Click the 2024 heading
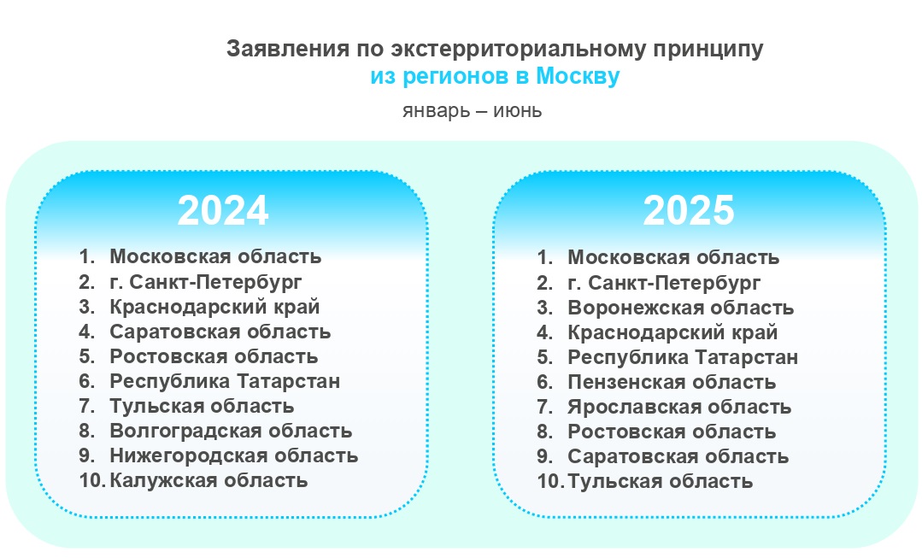223,210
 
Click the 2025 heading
689,210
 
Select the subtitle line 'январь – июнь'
473,110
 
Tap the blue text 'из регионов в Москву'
495,76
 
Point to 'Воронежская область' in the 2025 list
680,308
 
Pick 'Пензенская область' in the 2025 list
672,382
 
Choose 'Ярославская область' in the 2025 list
679,407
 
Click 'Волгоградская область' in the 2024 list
231,431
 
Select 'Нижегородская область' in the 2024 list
233,455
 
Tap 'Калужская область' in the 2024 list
208,480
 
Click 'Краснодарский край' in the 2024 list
214,307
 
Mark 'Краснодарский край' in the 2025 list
672,332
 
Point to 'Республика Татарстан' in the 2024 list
225,381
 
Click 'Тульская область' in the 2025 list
660,482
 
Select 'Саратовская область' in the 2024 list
220,332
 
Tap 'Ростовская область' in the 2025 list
672,432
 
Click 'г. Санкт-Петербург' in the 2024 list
205,282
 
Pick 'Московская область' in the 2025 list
673,257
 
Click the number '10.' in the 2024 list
92,480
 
